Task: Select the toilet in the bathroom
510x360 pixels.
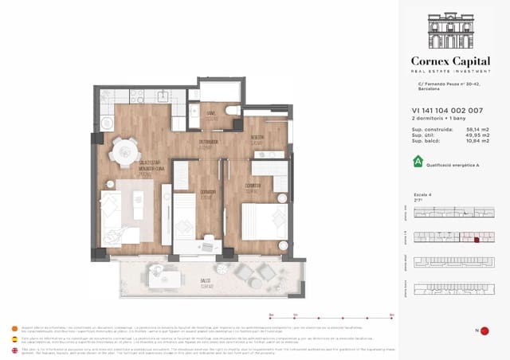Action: pos(231,111)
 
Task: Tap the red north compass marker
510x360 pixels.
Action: pos(484,331)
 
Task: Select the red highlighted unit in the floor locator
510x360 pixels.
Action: pos(477,237)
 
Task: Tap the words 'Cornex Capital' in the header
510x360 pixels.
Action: pos(452,61)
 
